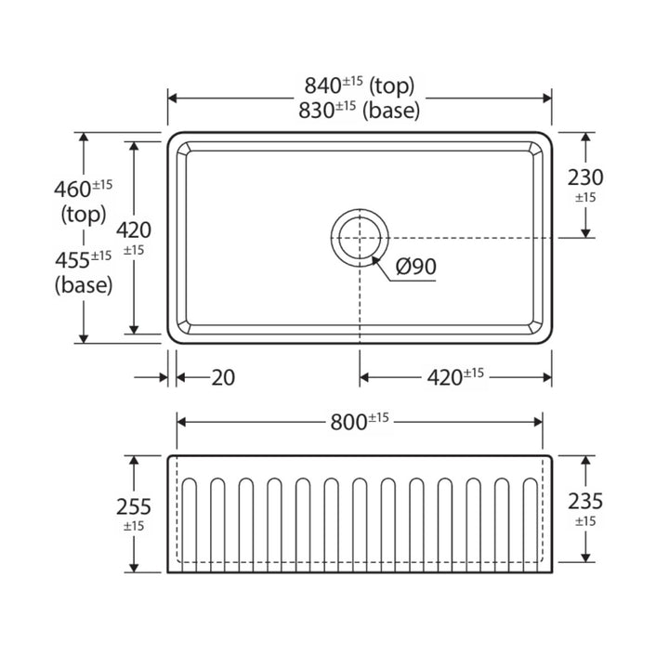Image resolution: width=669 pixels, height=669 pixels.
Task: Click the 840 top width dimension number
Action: point(322,85)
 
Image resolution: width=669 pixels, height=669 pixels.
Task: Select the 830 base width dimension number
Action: point(316,110)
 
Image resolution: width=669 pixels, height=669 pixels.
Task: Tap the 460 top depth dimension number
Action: point(72,190)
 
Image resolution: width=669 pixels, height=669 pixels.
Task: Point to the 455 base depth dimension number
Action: point(72,260)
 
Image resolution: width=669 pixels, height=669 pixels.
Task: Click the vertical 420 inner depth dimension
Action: point(134,230)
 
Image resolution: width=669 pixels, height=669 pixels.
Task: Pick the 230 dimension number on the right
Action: point(585,177)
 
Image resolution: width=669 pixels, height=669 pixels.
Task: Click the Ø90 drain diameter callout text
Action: point(416,267)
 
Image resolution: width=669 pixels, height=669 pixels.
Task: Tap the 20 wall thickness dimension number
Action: point(223,377)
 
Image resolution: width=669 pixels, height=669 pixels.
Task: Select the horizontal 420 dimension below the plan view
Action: point(445,377)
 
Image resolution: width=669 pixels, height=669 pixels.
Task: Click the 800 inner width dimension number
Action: point(348,423)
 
